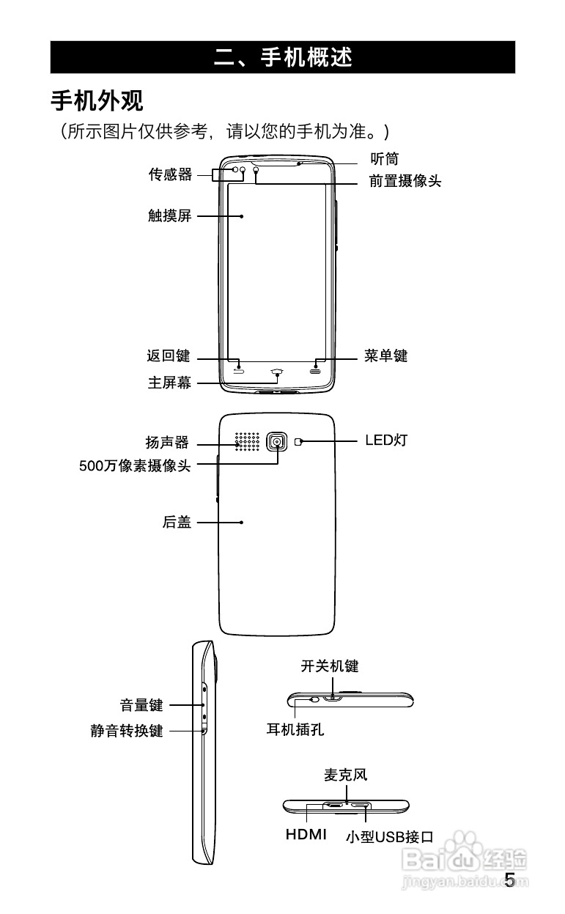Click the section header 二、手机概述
click(x=283, y=57)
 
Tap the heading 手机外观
click(x=96, y=100)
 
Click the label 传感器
click(x=170, y=174)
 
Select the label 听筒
click(x=384, y=158)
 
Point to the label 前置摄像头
click(x=405, y=181)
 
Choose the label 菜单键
click(x=385, y=356)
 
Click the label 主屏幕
click(x=169, y=382)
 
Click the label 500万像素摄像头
click(x=135, y=465)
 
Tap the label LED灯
click(x=385, y=441)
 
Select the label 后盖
click(x=177, y=522)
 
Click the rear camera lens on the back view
click(x=277, y=441)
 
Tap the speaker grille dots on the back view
click(x=248, y=441)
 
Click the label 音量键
click(x=141, y=705)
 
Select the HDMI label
click(x=306, y=835)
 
